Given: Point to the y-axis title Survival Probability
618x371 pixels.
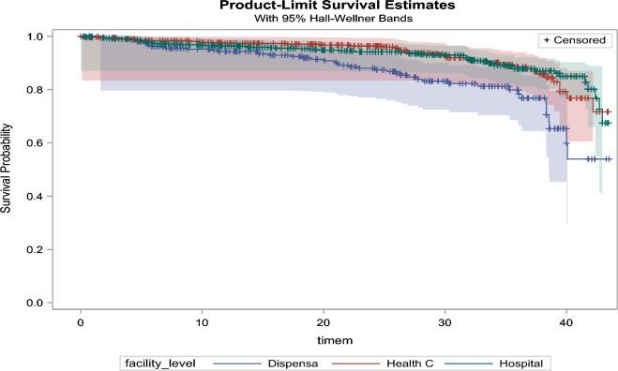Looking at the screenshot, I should click(x=8, y=169).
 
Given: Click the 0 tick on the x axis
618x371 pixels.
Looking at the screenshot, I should click(x=81, y=320).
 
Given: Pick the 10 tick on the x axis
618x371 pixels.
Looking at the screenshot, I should click(x=202, y=320).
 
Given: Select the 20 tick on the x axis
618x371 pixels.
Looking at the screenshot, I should click(x=324, y=320).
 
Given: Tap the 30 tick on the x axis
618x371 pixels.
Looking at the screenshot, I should click(x=445, y=320).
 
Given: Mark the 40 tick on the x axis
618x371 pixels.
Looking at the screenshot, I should click(x=565, y=320).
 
